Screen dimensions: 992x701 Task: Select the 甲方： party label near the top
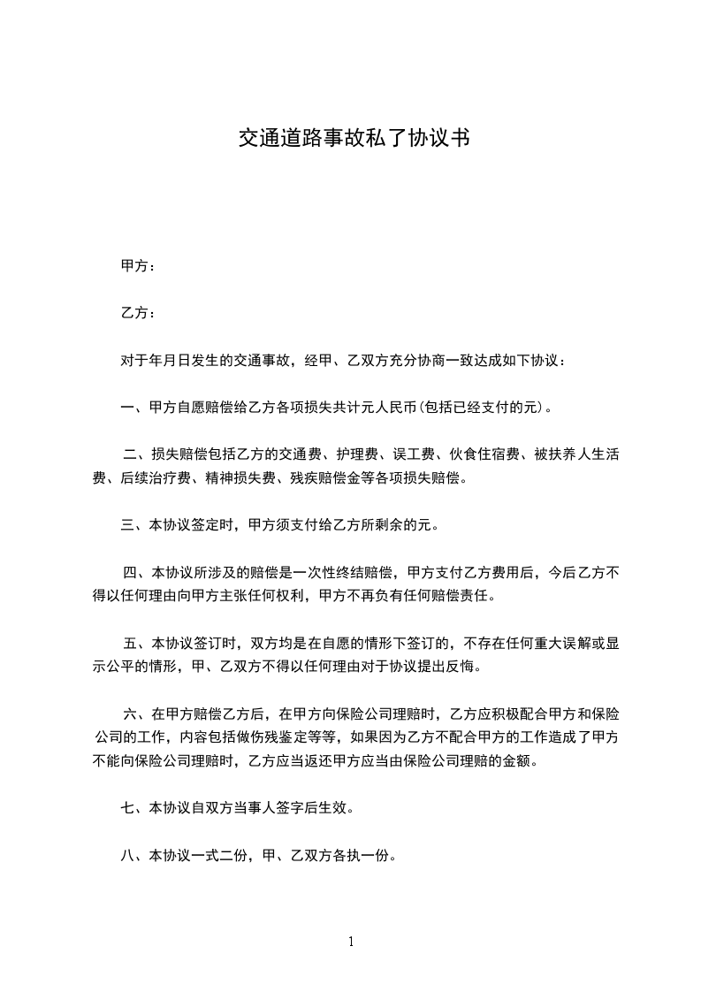(x=138, y=265)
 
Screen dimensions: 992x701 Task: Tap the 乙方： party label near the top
(x=138, y=313)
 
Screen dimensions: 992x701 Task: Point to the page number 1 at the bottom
(x=351, y=941)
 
